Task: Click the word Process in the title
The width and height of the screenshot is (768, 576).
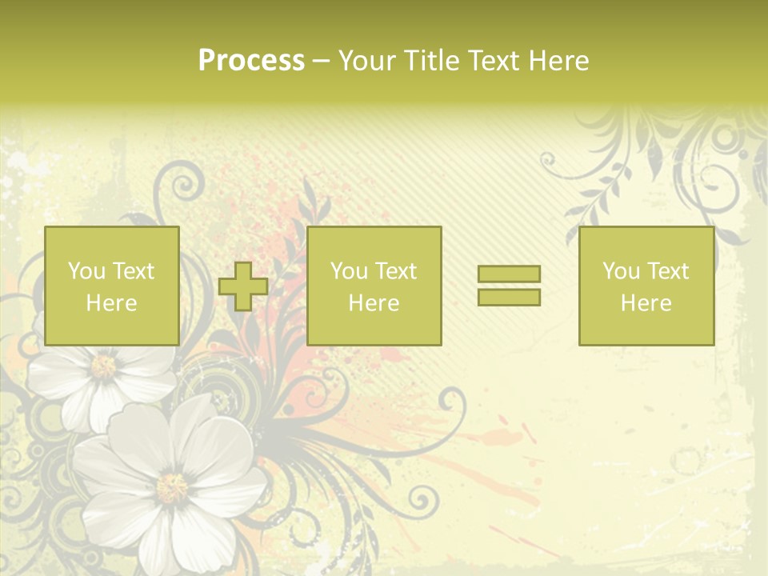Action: [251, 61]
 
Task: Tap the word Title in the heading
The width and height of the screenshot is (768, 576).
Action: [431, 61]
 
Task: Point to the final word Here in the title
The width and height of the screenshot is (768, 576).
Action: [559, 61]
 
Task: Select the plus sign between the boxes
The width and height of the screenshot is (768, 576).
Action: [243, 286]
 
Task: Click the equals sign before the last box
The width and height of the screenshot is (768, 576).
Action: [509, 286]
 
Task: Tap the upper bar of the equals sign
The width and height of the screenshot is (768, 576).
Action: [509, 274]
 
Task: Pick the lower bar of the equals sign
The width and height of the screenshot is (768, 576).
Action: [509, 297]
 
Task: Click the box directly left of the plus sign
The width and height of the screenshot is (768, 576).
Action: [111, 286]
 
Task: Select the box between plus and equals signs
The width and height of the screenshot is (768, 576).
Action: [374, 286]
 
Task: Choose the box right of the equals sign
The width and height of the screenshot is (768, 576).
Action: [646, 286]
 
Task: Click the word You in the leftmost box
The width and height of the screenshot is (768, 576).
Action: [86, 271]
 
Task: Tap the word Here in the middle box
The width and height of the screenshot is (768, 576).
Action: [374, 303]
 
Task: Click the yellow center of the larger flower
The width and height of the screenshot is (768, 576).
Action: [172, 486]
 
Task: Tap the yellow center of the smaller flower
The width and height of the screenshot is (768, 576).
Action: [104, 366]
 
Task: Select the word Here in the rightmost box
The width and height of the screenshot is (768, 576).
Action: [646, 303]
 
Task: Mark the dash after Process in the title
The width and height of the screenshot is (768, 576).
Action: [321, 61]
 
